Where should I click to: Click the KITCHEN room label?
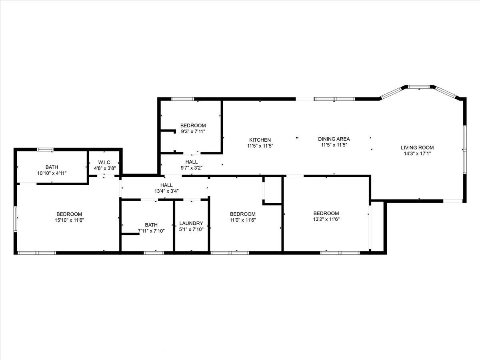(260, 140)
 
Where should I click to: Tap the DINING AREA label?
(334, 139)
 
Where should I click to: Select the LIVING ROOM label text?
(417, 148)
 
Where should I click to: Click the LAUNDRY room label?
(191, 223)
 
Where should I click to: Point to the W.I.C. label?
(105, 162)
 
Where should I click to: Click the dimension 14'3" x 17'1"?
(417, 154)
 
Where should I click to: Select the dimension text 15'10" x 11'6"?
(69, 220)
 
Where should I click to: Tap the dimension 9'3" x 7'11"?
(193, 131)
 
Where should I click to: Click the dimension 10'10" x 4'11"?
(52, 173)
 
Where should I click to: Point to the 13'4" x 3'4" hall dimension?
(166, 191)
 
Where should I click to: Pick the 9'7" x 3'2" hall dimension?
(192, 168)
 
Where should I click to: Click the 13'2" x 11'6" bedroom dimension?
(326, 219)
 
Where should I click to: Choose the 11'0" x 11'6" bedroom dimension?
(243, 220)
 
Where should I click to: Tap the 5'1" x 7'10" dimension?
(191, 229)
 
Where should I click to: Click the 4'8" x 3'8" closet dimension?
(105, 168)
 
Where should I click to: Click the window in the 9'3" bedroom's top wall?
(182, 99)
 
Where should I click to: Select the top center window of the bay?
(419, 87)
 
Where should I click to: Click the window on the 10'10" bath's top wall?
(45, 150)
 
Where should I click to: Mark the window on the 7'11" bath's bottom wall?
(154, 253)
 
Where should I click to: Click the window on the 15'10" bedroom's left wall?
(15, 219)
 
